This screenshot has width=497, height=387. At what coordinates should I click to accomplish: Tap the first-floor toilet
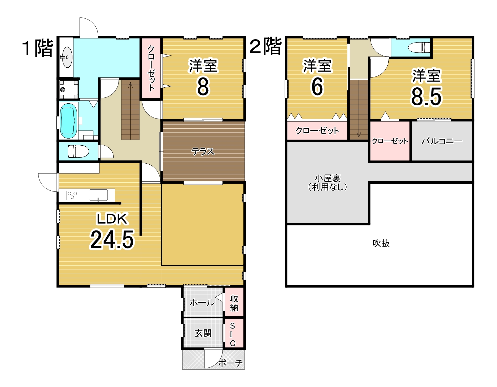[x=78, y=151]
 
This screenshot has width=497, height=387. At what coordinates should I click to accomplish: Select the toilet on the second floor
[x=419, y=47]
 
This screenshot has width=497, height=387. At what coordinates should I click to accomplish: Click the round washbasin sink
[x=67, y=57]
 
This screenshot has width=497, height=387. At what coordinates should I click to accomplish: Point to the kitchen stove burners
[x=72, y=195]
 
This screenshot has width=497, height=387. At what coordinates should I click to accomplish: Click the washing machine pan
[x=69, y=89]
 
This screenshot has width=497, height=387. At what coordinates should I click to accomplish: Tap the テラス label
[x=203, y=151]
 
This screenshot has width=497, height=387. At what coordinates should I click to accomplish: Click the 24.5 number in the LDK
[x=112, y=239]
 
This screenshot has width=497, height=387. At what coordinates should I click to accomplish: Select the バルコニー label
[x=442, y=141]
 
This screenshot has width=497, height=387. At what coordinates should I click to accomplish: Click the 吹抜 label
[x=381, y=243]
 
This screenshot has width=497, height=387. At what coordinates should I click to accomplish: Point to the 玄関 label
[x=203, y=333]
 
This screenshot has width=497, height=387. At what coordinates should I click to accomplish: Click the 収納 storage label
[x=234, y=303]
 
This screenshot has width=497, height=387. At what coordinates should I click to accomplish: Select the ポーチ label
[x=230, y=363]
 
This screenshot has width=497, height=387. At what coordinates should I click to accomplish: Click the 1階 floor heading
[x=37, y=48]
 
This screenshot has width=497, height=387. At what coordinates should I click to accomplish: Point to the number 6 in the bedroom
[x=317, y=87]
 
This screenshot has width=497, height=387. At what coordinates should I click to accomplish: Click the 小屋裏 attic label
[x=328, y=178]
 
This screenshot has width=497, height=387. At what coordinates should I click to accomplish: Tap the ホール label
[x=202, y=303]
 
